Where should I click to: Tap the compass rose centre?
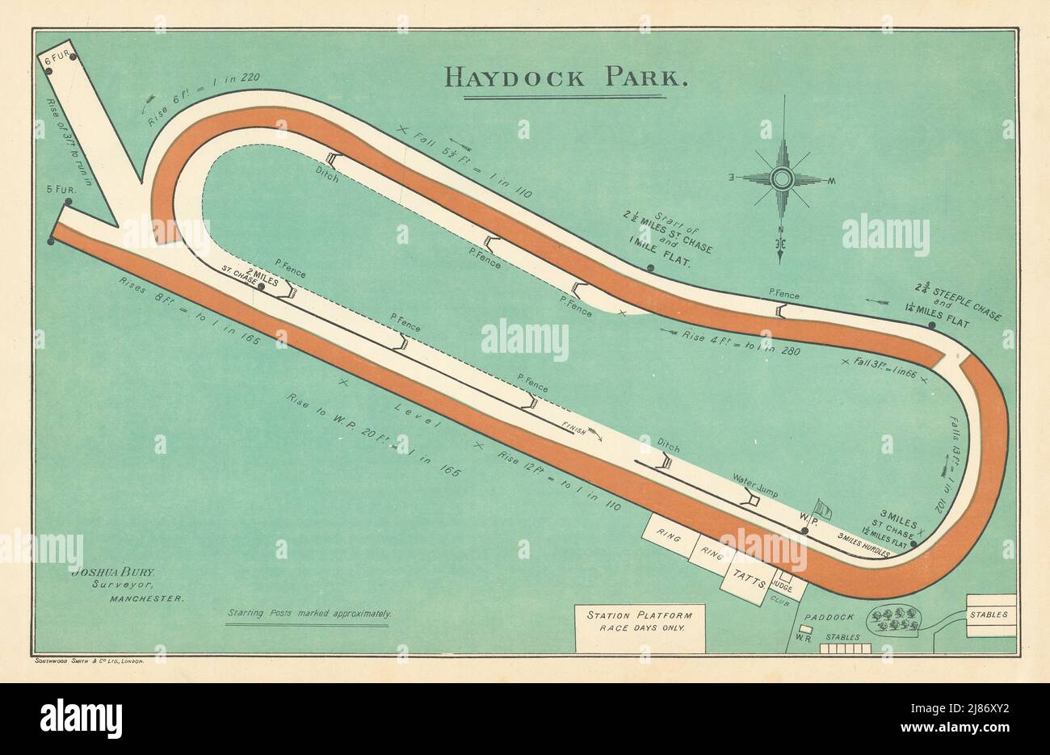coord(780,178)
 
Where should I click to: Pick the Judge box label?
coord(782,581)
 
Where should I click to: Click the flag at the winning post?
coord(822,509)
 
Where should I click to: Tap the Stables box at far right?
coord(990,614)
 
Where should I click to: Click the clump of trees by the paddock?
coord(894,619)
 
